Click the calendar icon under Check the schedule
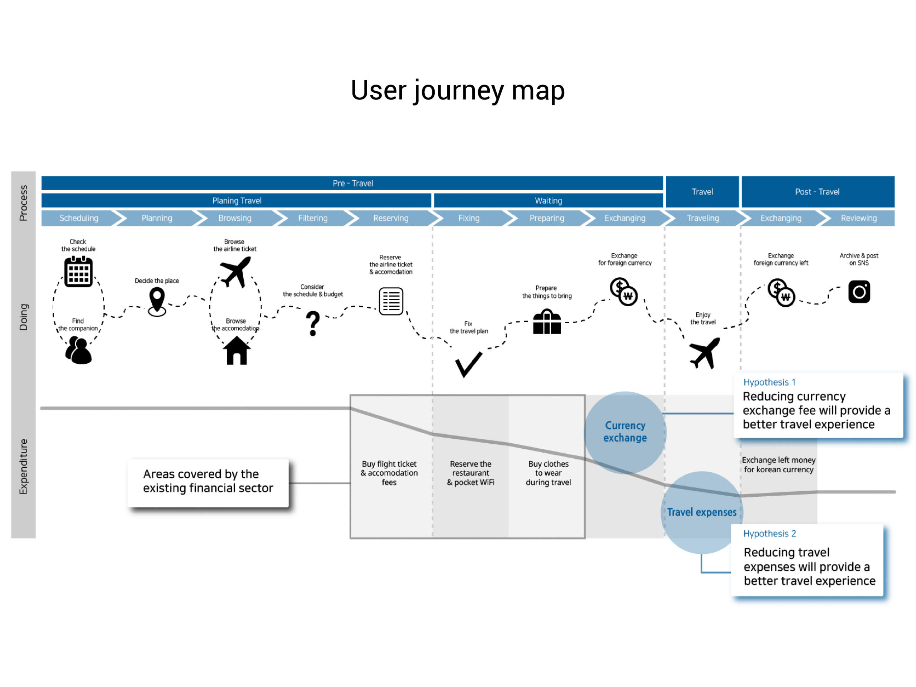tap(78, 272)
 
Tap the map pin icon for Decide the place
tap(157, 302)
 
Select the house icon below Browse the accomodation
tap(237, 351)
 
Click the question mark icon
tap(313, 323)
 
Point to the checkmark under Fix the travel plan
tap(468, 364)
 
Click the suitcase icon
tap(547, 322)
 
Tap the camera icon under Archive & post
tap(859, 292)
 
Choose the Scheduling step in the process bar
tap(79, 218)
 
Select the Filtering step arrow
tap(313, 218)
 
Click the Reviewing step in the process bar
tap(858, 218)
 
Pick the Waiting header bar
tap(548, 201)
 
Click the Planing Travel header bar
tap(237, 201)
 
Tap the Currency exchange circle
tap(625, 432)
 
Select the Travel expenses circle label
tap(702, 512)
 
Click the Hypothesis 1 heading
tap(769, 382)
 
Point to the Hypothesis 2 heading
tap(769, 534)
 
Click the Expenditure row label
tap(24, 466)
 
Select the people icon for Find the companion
tap(78, 350)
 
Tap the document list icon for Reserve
tap(391, 301)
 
